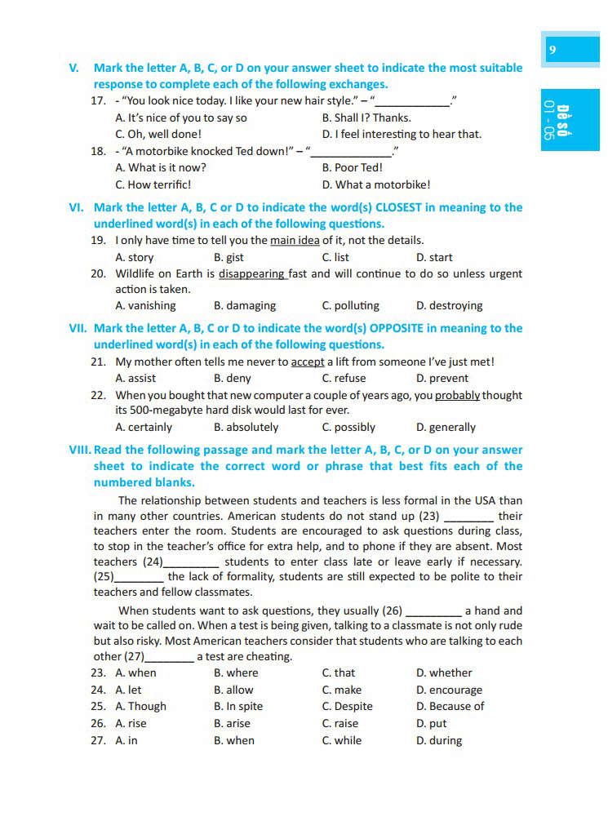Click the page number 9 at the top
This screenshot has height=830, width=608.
[x=553, y=50]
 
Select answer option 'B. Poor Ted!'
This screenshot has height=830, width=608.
[x=352, y=167]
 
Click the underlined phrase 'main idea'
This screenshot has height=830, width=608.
[x=295, y=240]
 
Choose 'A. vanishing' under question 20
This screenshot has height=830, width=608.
[x=145, y=305]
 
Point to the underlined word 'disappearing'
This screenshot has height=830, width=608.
[x=252, y=273]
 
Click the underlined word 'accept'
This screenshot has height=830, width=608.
[x=308, y=362]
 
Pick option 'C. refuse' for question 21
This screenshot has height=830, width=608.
[x=344, y=378]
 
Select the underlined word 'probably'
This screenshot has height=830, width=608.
[x=457, y=395]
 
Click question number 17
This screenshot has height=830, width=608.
[x=98, y=101]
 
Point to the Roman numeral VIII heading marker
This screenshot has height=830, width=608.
[x=80, y=450]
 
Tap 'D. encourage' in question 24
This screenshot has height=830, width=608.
[x=449, y=690]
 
